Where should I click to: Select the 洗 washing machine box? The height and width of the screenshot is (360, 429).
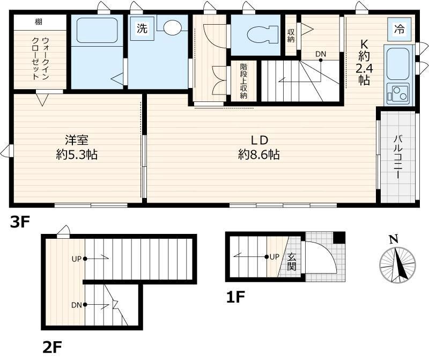pos(142,29)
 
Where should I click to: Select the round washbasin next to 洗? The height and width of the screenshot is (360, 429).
pos(173,28)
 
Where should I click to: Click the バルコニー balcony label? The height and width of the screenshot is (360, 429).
pos(398,156)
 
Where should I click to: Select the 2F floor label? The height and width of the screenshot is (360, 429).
pos(54,346)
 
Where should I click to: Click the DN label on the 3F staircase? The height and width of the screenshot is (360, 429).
pos(321,54)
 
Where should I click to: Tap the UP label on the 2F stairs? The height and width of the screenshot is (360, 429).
pos(76,259)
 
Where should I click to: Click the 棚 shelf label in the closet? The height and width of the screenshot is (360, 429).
pos(39,22)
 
